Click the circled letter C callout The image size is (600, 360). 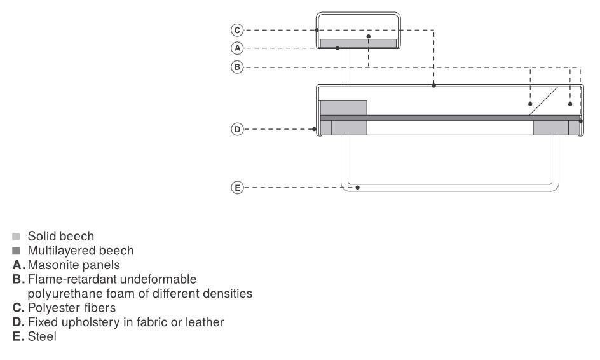point(236,30)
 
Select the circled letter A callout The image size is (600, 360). point(236,48)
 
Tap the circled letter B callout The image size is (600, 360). point(236,66)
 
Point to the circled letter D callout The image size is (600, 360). point(236,129)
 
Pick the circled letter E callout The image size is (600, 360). point(236,188)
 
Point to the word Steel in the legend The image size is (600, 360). point(42,336)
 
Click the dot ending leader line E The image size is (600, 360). point(359,188)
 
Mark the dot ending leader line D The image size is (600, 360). point(316,129)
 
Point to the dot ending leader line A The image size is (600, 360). point(337,48)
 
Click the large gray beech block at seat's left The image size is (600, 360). point(343,107)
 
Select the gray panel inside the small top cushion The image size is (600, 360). point(358,43)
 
